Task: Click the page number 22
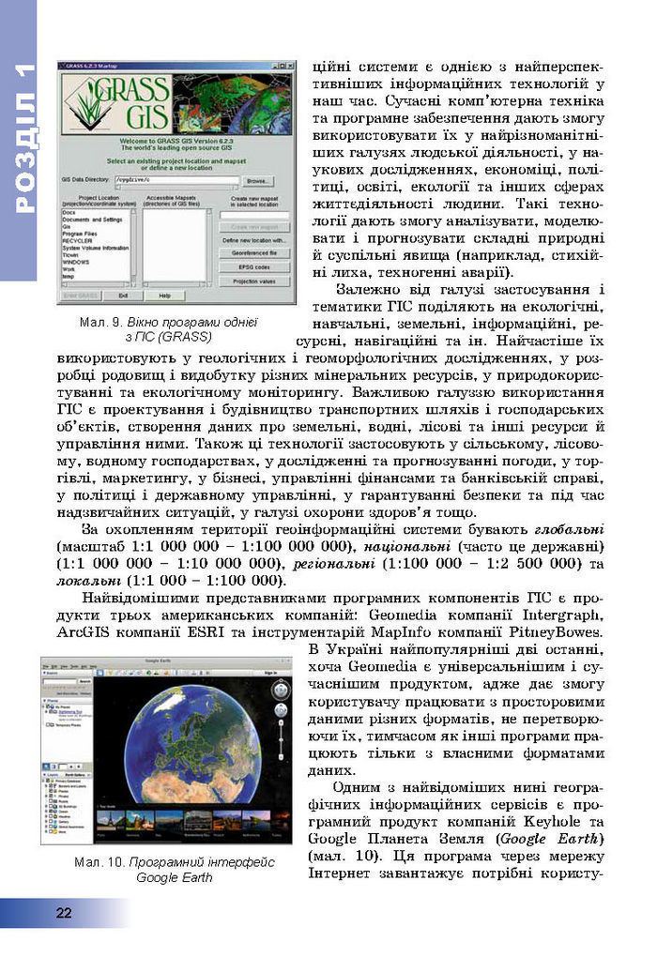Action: pos(64,913)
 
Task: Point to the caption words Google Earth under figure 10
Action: pos(174,877)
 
